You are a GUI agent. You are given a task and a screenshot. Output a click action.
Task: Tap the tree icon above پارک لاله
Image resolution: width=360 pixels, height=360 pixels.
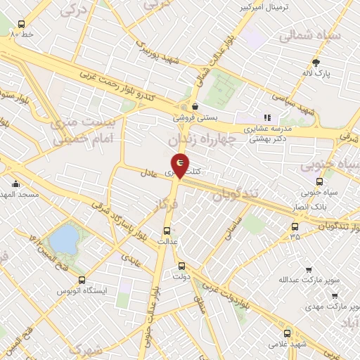pos(316,62)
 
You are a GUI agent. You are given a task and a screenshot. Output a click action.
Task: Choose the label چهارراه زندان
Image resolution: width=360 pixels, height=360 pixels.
pos(220,141)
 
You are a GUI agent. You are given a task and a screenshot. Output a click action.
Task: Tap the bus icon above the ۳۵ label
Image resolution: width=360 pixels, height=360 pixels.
pos(295,226)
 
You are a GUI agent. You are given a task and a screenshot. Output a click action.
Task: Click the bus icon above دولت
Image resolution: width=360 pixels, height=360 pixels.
pos(182,266)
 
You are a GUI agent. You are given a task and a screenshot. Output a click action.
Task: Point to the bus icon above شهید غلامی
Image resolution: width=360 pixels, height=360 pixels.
pos(286,333)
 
